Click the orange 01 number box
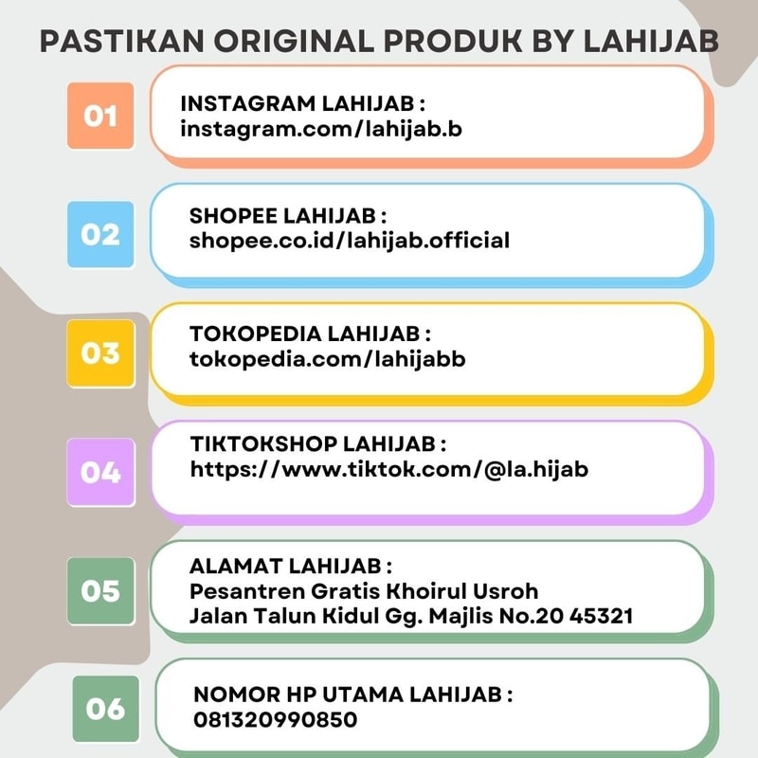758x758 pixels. coord(99,116)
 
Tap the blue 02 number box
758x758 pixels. coord(99,234)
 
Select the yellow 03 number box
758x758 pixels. coord(99,353)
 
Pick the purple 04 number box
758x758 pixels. coord(99,471)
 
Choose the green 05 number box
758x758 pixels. coord(99,590)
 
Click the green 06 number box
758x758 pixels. coord(105,708)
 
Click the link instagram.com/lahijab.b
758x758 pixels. coord(321,128)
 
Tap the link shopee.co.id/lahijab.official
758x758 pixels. coord(350,241)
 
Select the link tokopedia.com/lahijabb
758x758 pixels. coord(328,359)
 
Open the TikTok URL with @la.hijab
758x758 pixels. coord(389,468)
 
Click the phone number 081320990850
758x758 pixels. coord(276,719)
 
